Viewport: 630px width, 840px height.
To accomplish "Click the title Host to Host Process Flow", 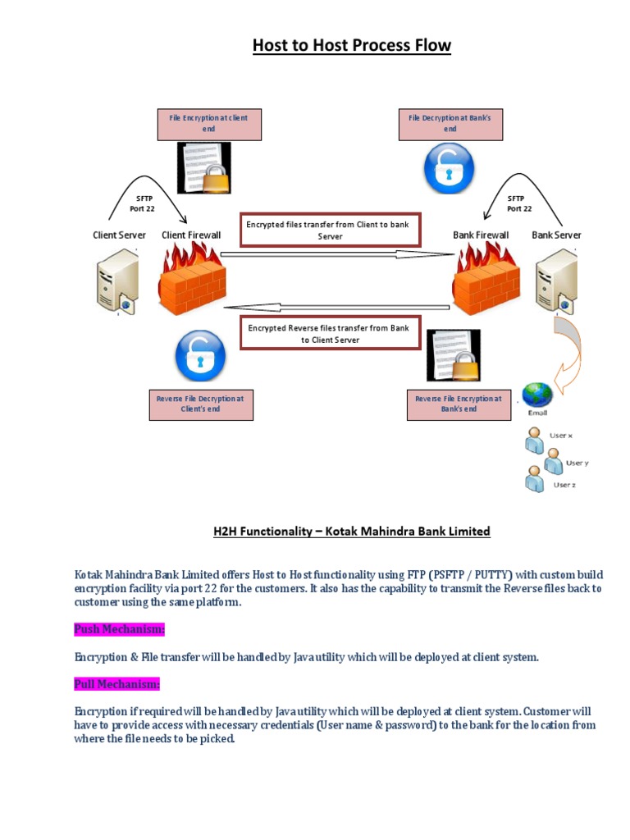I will pos(351,45).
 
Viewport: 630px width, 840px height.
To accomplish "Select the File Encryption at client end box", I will pos(208,124).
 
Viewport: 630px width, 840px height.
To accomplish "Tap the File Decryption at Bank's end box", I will pos(450,124).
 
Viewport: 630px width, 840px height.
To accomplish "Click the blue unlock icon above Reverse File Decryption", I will pos(199,355).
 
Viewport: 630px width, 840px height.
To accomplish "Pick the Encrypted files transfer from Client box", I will pos(330,230).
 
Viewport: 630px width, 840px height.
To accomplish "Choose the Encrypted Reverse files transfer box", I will pos(330,333).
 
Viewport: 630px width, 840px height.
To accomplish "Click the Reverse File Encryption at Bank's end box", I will pos(458,404).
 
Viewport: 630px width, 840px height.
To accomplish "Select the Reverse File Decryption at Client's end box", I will pos(200,404).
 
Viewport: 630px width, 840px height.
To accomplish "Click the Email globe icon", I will pos(538,395).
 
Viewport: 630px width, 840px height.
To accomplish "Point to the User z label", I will pos(564,485).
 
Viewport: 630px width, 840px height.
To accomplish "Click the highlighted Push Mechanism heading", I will pos(120,629).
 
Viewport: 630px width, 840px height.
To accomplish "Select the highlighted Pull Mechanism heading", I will pos(117,683).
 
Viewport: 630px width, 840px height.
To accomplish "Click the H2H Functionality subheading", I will pos(351,532).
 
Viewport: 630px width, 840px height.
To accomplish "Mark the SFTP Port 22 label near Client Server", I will pos(144,203).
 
